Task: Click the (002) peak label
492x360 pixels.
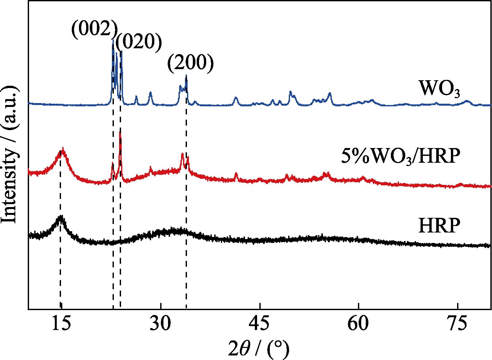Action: [94, 30]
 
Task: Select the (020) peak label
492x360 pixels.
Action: [138, 43]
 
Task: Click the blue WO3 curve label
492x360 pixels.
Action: [439, 89]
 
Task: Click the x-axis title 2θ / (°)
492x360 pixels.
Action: [258, 350]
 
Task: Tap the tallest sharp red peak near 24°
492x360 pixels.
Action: [120, 131]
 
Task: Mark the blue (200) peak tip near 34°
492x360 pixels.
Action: [186, 76]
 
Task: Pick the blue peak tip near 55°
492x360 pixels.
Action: [330, 93]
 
